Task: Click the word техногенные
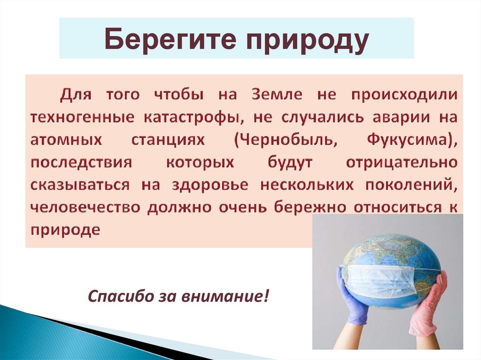(80, 117)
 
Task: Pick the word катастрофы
(192, 117)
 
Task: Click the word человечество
(85, 207)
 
